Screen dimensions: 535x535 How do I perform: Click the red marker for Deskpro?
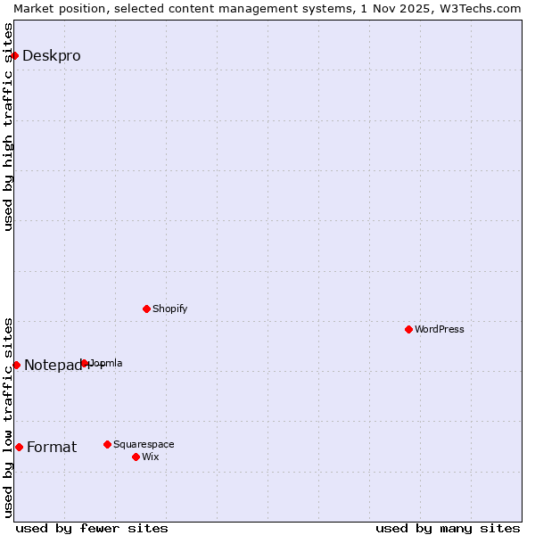(14, 55)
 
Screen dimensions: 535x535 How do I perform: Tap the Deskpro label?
(51, 55)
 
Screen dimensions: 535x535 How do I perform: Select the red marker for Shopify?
(146, 309)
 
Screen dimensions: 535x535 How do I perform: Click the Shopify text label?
(169, 309)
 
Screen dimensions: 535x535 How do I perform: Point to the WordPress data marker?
(408, 329)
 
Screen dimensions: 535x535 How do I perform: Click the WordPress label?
(439, 329)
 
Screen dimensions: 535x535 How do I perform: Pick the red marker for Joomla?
(85, 363)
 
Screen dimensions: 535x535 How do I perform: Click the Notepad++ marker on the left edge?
(16, 365)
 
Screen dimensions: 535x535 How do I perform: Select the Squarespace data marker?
(107, 444)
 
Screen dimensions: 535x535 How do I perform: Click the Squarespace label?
(144, 444)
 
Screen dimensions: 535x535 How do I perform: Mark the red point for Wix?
(136, 457)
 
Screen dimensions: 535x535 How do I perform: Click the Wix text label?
(150, 457)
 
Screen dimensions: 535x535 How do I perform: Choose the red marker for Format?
(19, 447)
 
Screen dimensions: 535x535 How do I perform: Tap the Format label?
(52, 447)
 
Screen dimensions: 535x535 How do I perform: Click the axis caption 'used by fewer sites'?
(92, 528)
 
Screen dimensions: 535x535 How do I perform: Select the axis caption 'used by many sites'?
(448, 528)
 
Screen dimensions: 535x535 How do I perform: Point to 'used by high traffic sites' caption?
(8, 127)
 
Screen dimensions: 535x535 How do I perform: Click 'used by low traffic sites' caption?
(8, 416)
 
